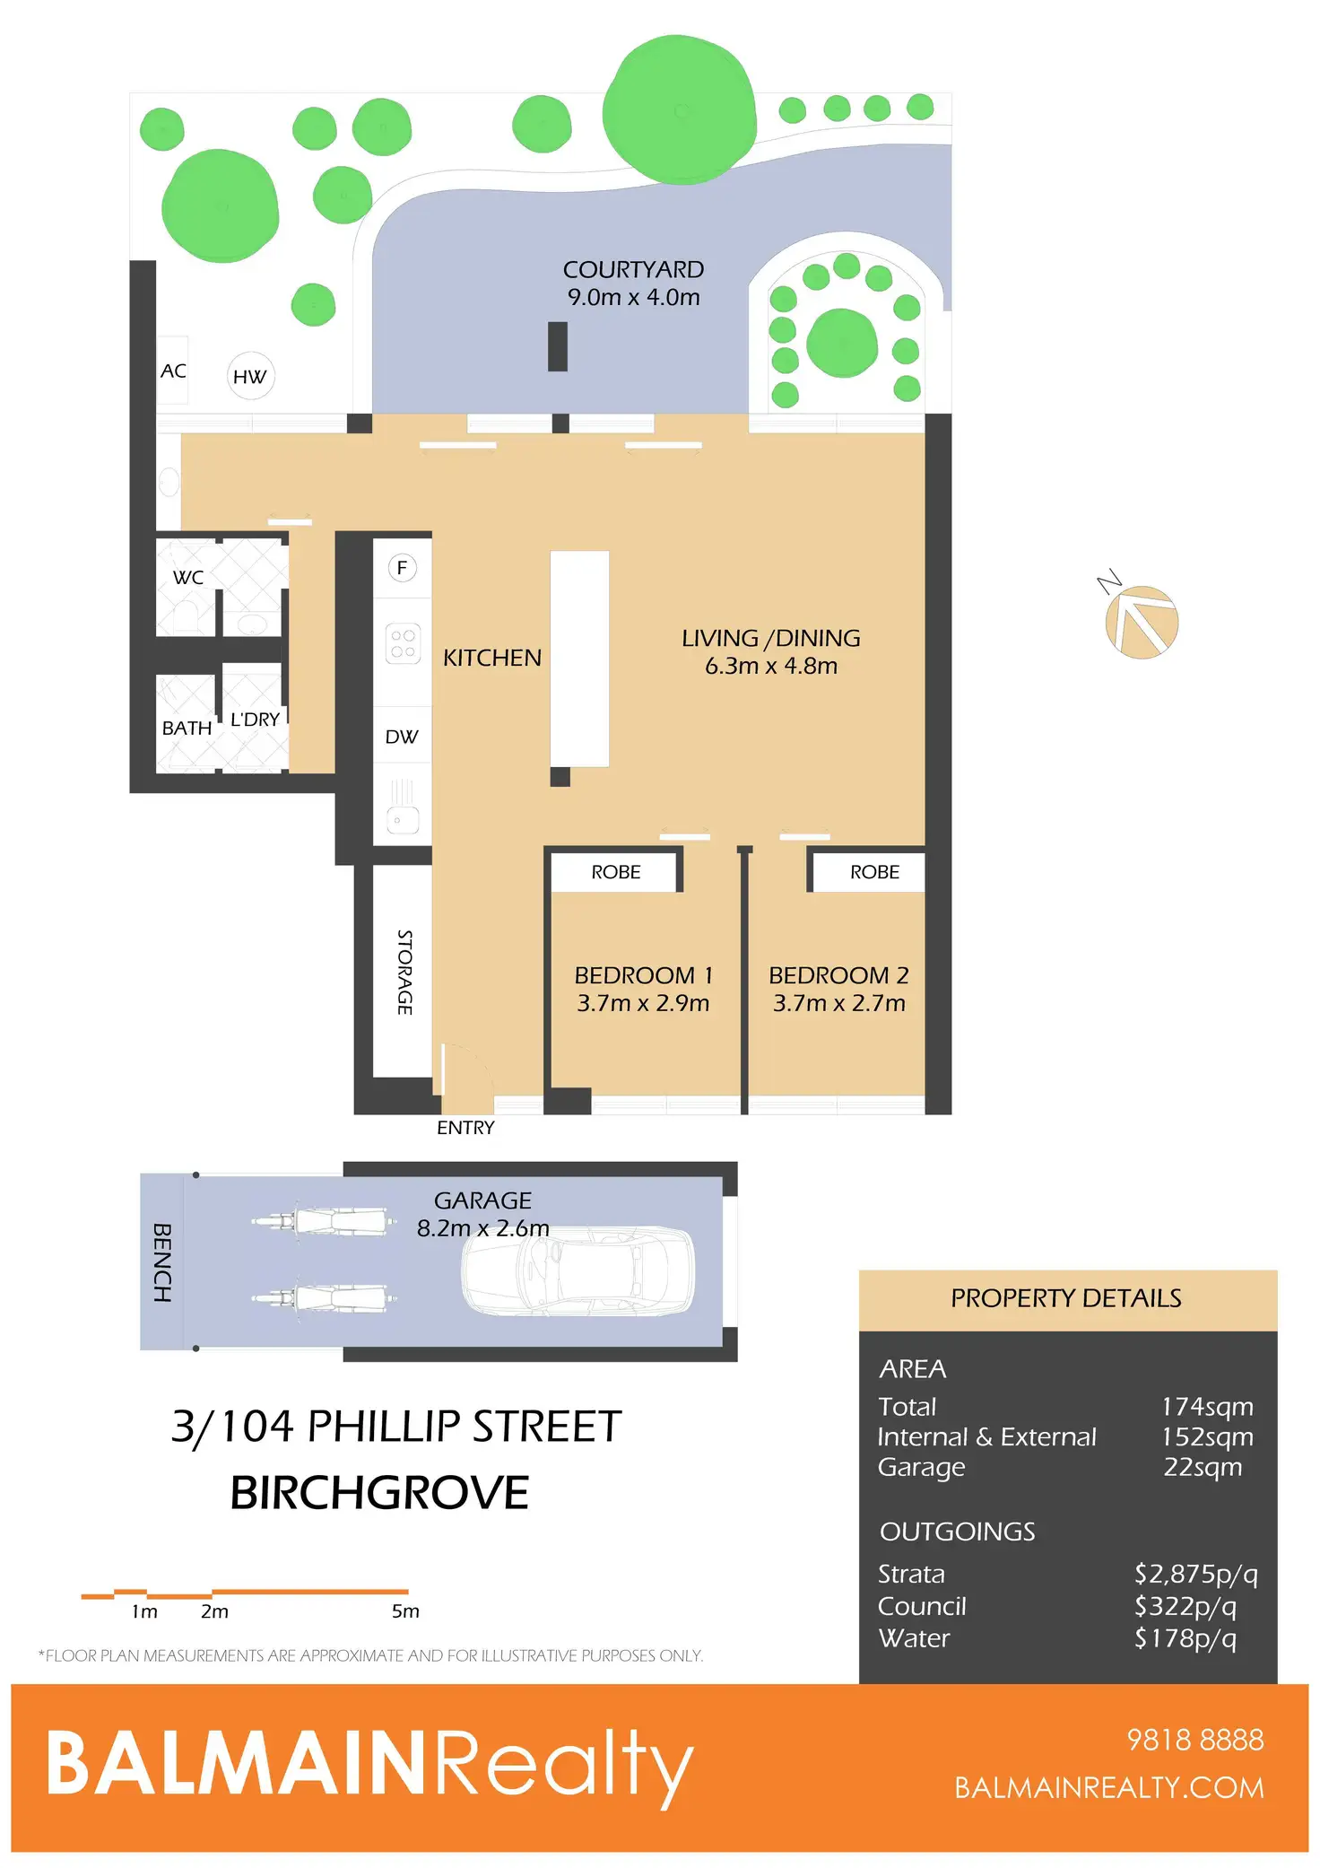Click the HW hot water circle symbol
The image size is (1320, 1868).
pyautogui.click(x=250, y=376)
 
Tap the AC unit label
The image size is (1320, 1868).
pyautogui.click(x=173, y=371)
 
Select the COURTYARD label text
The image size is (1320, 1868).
pyautogui.click(x=633, y=269)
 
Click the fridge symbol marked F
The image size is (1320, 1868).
pyautogui.click(x=402, y=567)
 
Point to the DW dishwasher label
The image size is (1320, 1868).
pyautogui.click(x=402, y=737)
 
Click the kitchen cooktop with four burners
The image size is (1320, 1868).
pyautogui.click(x=403, y=643)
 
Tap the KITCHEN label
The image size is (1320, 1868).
pyautogui.click(x=492, y=658)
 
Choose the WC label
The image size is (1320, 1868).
pyautogui.click(x=188, y=577)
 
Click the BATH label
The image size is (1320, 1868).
pyautogui.click(x=187, y=728)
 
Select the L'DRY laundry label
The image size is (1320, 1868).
pyautogui.click(x=256, y=720)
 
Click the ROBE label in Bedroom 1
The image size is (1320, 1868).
pyautogui.click(x=616, y=872)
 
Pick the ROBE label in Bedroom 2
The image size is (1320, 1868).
pyautogui.click(x=874, y=872)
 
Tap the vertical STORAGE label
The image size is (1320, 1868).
pyautogui.click(x=404, y=973)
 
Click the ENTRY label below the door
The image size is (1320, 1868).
pyautogui.click(x=465, y=1128)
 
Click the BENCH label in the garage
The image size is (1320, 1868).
pyautogui.click(x=162, y=1262)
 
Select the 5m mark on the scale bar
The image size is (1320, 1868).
pyautogui.click(x=405, y=1611)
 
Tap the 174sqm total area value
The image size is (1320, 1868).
pyautogui.click(x=1207, y=1407)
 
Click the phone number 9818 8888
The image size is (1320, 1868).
pyautogui.click(x=1195, y=1740)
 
